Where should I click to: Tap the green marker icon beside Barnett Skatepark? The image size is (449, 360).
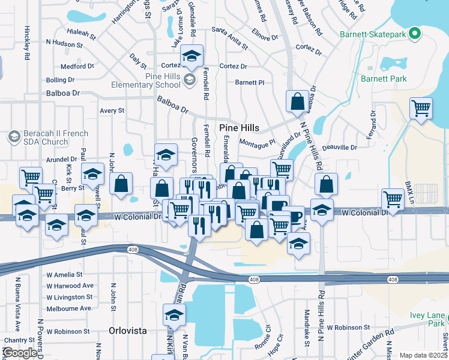414,34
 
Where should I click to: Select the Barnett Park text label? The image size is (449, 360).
384,79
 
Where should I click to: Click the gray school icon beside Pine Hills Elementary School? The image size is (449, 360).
190,80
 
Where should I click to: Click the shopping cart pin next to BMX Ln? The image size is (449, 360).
393,199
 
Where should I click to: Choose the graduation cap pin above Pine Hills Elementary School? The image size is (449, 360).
192,56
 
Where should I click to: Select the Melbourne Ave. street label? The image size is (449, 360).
69,308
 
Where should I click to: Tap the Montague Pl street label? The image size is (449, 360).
256,142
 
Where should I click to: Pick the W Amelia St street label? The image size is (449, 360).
65,274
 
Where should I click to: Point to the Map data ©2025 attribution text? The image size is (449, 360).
423,355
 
